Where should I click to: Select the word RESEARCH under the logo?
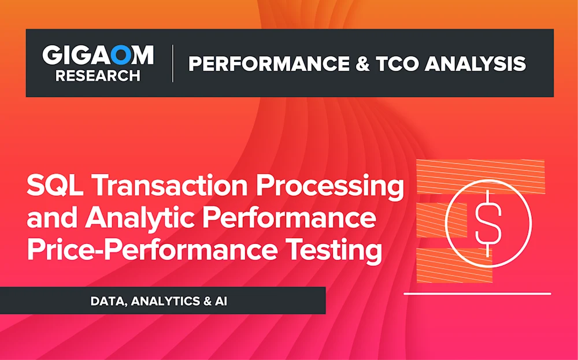pyautogui.click(x=98, y=75)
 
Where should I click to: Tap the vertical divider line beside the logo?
pyautogui.click(x=172, y=64)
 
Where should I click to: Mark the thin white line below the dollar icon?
pyautogui.click(x=477, y=293)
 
